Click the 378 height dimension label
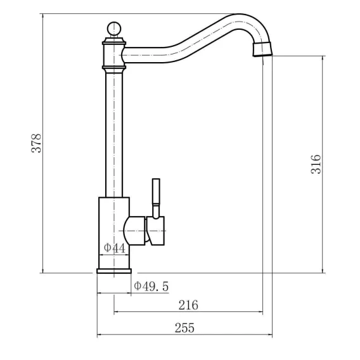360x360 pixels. click(37, 143)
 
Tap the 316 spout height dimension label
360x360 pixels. click(316, 164)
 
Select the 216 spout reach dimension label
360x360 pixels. click(188, 305)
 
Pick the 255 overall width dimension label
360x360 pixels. click(184, 328)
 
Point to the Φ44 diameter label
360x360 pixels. click(115, 248)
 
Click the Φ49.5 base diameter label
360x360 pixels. click(151, 286)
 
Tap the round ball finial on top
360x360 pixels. click(114, 29)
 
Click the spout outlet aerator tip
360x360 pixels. click(262, 49)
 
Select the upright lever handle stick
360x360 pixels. click(156, 198)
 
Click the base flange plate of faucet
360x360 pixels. click(114, 271)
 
